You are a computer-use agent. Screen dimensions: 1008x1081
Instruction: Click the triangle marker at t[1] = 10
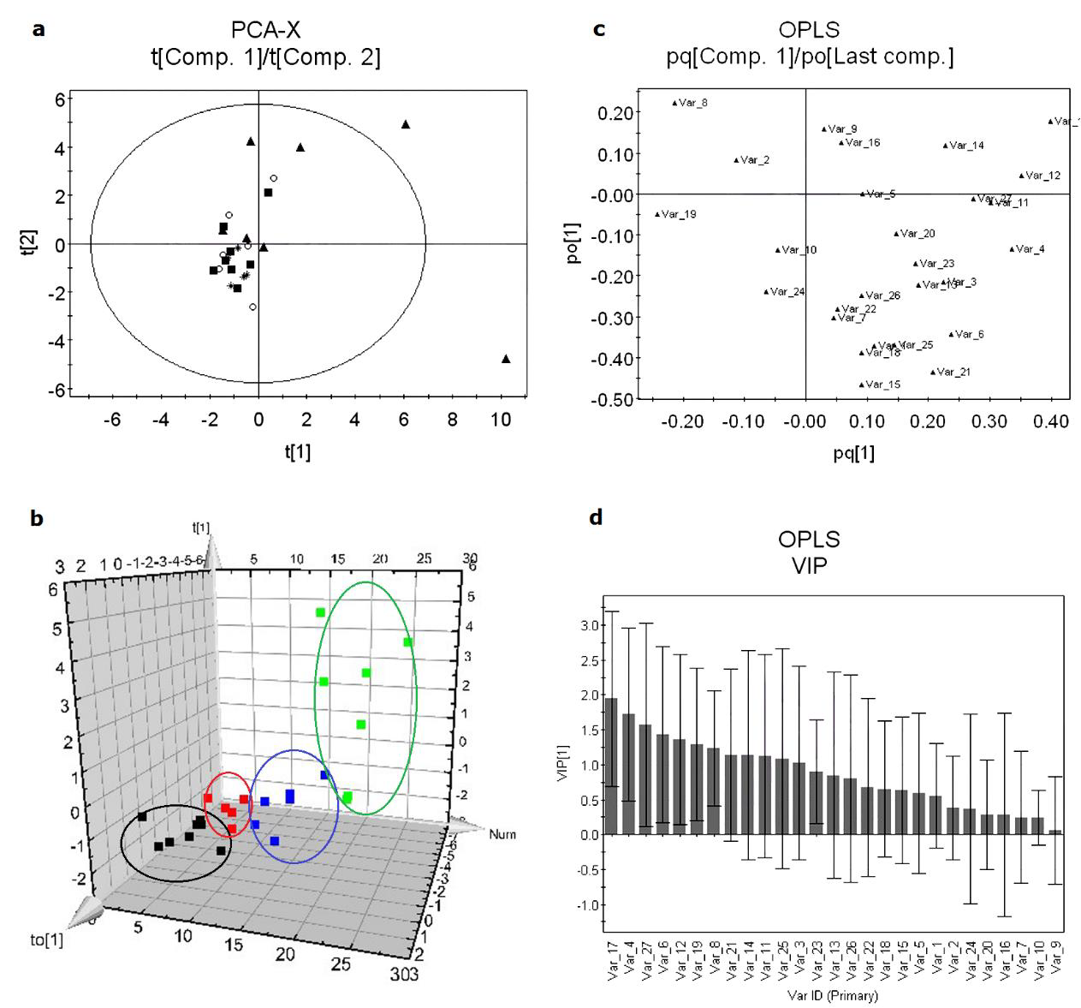coord(506,359)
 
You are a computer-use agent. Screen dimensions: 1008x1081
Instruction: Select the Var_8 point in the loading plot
coord(674,103)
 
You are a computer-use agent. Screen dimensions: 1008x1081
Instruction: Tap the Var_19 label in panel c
coord(679,214)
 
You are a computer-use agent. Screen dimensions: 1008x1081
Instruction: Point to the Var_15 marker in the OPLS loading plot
coord(862,385)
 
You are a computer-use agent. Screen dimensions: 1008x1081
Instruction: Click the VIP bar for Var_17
coord(611,766)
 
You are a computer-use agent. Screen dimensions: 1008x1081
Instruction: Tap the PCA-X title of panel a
coord(265,31)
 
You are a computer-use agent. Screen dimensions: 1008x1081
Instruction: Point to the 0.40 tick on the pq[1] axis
coord(1051,421)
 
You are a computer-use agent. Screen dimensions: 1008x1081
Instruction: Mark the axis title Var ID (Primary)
coord(832,996)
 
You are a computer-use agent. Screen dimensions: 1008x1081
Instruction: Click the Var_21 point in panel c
coord(933,372)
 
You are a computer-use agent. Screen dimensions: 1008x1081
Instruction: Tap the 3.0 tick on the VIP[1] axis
coord(590,626)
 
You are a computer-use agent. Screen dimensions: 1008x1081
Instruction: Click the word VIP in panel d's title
coord(809,565)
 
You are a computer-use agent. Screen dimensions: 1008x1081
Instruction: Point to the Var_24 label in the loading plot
coord(787,291)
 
